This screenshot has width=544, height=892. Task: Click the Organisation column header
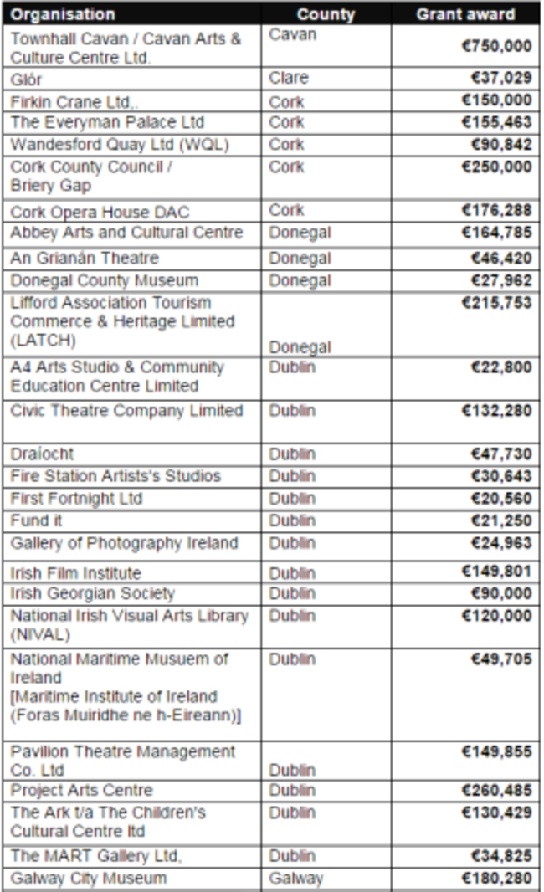[63, 14]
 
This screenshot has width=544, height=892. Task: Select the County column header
[326, 14]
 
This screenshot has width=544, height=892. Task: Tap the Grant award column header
[465, 14]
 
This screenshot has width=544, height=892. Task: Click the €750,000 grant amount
[496, 46]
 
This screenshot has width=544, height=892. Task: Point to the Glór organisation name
[26, 79]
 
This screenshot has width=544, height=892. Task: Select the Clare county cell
[289, 78]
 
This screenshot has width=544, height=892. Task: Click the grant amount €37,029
[500, 78]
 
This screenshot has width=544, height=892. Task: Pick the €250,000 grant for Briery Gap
[496, 167]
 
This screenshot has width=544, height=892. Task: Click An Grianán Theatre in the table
[85, 259]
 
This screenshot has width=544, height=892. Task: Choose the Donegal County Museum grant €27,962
[500, 280]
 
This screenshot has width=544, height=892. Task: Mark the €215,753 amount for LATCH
[496, 303]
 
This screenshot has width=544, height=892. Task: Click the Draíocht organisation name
[42, 454]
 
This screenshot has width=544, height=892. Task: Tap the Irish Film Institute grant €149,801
[496, 572]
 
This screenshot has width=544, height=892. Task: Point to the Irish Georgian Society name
[93, 594]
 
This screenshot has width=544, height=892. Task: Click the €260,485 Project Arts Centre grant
[496, 791]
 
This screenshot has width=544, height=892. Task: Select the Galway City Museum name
[89, 879]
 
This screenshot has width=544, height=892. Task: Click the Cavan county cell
[293, 35]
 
